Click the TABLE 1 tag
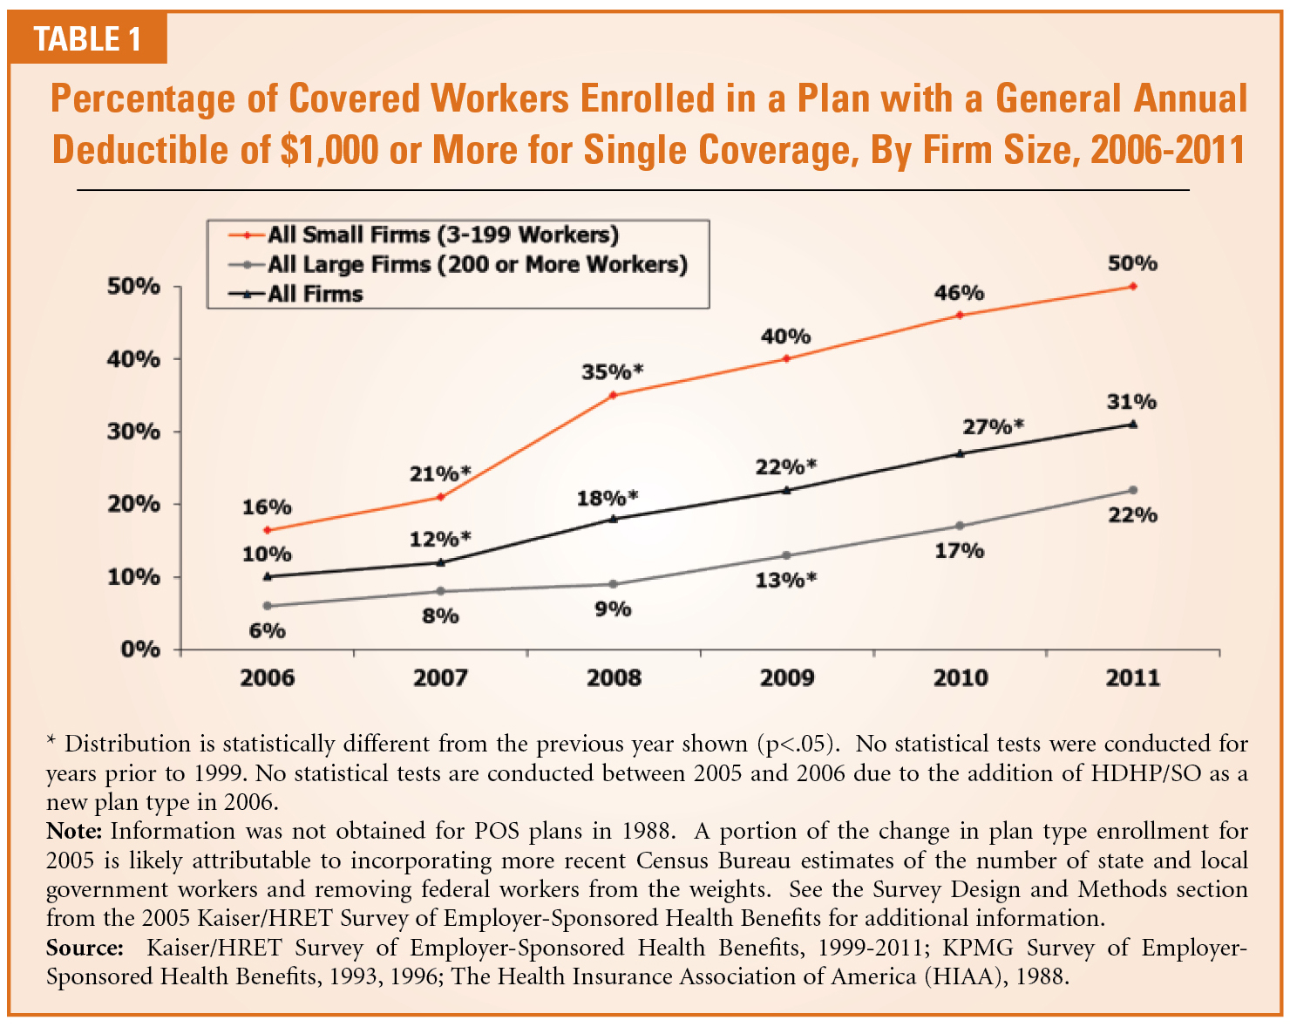click(x=87, y=39)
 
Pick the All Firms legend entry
click(x=315, y=294)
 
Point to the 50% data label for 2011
click(x=1132, y=263)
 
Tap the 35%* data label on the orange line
click(x=612, y=372)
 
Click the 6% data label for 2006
click(x=267, y=630)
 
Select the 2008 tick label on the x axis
click(x=614, y=678)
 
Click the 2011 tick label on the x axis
click(x=1132, y=678)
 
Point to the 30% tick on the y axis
click(x=133, y=432)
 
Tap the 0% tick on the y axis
click(x=140, y=650)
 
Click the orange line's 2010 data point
click(x=960, y=315)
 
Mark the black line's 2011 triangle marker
click(x=1132, y=424)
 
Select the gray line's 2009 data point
click(x=786, y=555)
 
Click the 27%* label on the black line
click(x=993, y=427)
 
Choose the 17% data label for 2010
click(x=960, y=551)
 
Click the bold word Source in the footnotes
click(x=85, y=948)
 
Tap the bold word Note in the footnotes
click(x=74, y=831)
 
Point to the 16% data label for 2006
click(x=267, y=507)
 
